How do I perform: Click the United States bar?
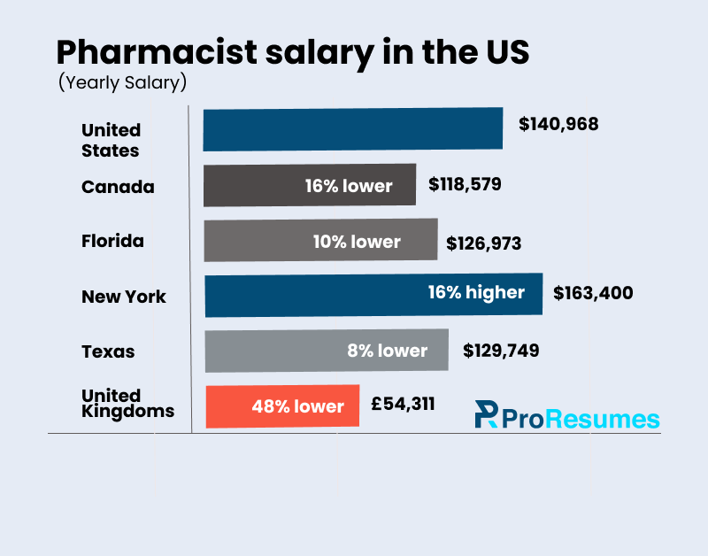[352, 129]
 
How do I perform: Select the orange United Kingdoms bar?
[282, 406]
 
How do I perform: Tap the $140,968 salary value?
[558, 124]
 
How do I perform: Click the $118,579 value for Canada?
[465, 185]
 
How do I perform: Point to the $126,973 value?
[483, 243]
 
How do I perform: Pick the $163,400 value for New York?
[593, 292]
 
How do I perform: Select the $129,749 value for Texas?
[501, 351]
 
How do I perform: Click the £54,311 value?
[403, 405]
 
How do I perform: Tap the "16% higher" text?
[476, 292]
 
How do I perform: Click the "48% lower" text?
[297, 406]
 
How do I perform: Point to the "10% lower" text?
[357, 242]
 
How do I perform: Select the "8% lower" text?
[387, 351]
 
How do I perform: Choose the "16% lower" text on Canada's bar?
[348, 186]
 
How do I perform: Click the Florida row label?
[112, 241]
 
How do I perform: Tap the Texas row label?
[108, 351]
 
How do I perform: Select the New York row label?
[124, 297]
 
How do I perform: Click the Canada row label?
[118, 187]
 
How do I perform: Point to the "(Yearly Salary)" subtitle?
[122, 83]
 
